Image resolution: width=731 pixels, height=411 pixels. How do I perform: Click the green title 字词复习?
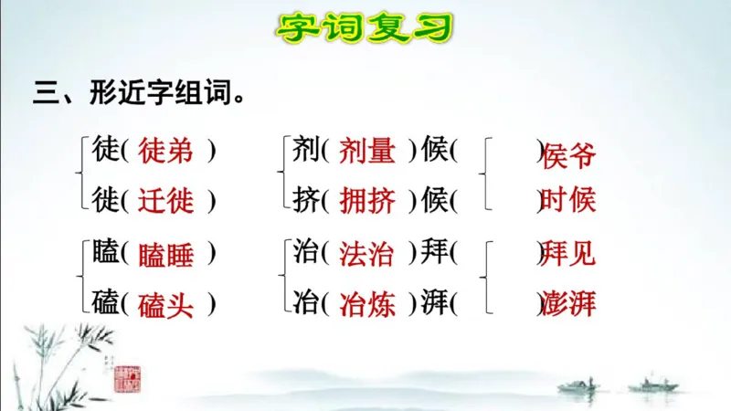pyautogui.click(x=365, y=28)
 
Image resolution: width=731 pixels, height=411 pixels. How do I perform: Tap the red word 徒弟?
pyautogui.click(x=166, y=152)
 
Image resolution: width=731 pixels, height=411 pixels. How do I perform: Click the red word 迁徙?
pyautogui.click(x=166, y=200)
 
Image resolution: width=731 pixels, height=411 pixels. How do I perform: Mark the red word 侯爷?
pyautogui.click(x=568, y=157)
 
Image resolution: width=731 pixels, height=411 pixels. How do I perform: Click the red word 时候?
pyautogui.click(x=568, y=200)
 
